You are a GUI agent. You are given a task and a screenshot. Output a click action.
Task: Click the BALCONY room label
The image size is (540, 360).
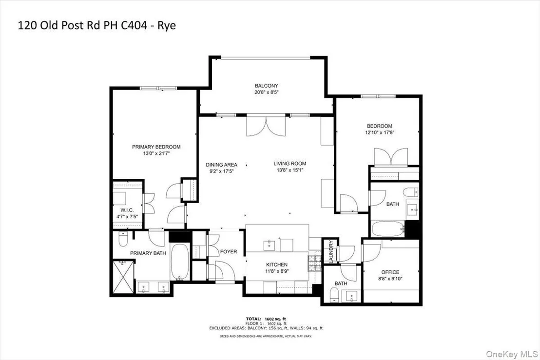(266, 86)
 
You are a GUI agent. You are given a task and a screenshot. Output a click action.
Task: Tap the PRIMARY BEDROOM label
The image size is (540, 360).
(156, 147)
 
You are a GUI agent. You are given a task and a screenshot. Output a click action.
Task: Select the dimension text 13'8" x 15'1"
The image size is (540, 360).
(290, 170)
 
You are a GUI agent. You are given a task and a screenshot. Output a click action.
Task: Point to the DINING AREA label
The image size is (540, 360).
(221, 165)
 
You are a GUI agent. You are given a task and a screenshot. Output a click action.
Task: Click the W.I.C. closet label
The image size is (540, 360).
(127, 210)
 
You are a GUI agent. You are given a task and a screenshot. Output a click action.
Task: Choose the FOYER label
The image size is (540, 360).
(229, 251)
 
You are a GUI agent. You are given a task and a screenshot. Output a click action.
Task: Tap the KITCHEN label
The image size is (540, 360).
(277, 265)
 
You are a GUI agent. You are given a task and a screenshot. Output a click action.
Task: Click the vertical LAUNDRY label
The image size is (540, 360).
(331, 252)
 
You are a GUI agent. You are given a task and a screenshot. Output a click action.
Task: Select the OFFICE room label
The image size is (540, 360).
(390, 272)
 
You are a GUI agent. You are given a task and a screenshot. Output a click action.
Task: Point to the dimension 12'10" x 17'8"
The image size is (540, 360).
(380, 133)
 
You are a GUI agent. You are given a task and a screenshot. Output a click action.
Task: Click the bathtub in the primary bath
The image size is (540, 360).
(180, 262)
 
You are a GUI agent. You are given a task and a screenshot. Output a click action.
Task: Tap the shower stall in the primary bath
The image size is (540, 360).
(123, 277)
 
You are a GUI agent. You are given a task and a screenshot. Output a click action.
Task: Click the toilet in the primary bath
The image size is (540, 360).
(123, 239)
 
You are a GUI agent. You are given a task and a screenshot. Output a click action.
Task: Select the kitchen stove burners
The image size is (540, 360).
(314, 263)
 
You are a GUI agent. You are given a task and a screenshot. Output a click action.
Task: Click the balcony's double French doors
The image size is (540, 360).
(266, 126)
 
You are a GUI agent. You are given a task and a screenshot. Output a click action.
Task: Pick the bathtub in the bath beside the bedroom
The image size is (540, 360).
(388, 229)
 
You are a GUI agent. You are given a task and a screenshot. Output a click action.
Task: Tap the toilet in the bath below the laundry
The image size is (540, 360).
(334, 295)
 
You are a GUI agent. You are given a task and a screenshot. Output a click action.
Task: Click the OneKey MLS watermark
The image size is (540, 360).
(512, 354)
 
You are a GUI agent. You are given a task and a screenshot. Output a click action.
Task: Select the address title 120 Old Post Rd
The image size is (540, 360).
(59, 25)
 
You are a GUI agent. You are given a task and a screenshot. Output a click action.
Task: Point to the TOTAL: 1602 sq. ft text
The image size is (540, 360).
(266, 319)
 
